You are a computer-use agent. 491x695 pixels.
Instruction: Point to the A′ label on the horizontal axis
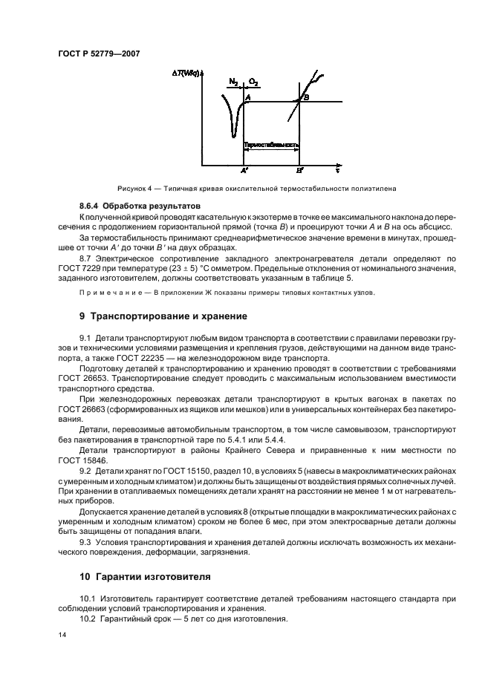244,170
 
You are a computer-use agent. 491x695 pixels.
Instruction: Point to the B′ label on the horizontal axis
299,170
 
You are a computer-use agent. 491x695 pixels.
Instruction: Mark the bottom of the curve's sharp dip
233,137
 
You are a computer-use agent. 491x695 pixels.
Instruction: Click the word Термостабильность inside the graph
271,145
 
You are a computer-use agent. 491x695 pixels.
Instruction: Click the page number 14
62,636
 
